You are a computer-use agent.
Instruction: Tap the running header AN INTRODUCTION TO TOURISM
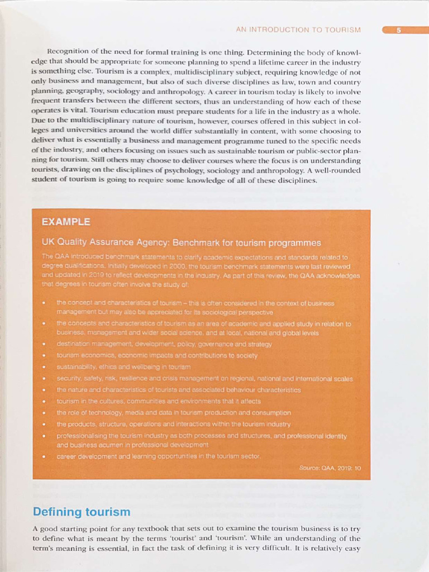click(x=298, y=30)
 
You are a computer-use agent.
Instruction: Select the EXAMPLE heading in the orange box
click(x=65, y=222)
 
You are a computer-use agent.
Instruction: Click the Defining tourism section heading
click(x=81, y=512)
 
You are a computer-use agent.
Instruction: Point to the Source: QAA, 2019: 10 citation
click(x=330, y=468)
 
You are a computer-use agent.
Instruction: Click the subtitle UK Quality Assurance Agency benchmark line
click(x=181, y=242)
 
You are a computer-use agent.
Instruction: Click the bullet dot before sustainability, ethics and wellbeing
click(x=44, y=367)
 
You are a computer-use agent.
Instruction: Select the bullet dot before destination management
click(x=44, y=345)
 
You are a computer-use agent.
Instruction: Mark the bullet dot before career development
click(x=44, y=456)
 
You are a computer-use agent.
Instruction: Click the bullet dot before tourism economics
click(x=44, y=356)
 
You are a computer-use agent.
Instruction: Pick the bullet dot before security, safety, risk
click(x=44, y=379)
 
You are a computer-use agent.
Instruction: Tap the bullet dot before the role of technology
click(x=44, y=413)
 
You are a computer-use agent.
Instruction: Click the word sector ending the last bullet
click(x=251, y=456)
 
